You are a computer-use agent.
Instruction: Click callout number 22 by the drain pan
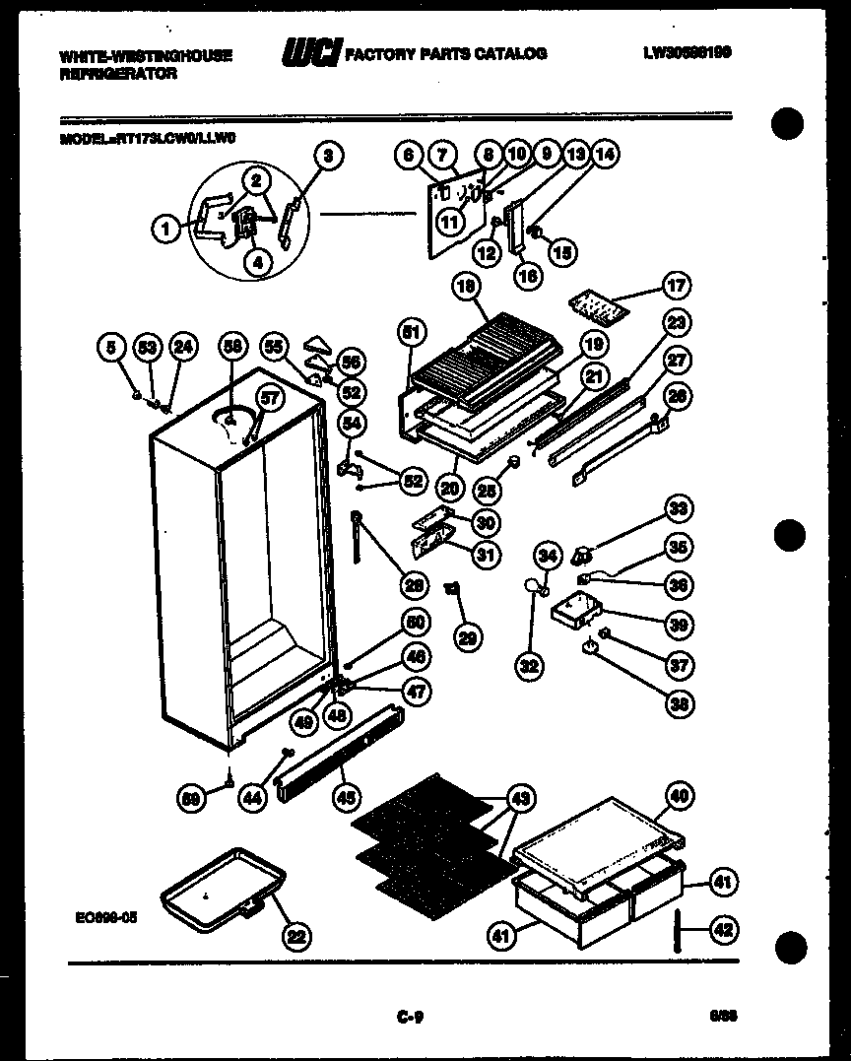point(295,937)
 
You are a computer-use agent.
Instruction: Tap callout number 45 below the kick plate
point(346,798)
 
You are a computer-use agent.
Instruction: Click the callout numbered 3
point(329,155)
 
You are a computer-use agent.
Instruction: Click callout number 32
point(530,666)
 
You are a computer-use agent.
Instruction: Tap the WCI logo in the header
point(310,53)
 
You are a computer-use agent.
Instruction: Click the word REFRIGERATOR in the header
point(118,74)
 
